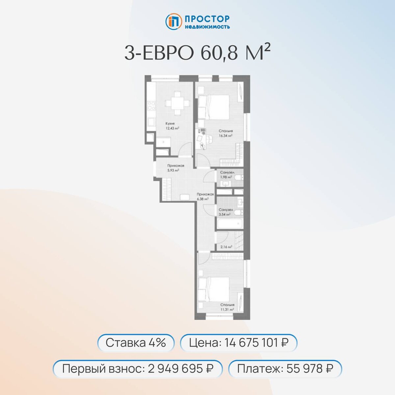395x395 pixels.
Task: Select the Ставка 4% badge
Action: (x=136, y=343)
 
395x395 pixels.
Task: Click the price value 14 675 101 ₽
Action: (x=256, y=343)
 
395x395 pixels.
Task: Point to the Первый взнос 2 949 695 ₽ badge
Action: (x=138, y=368)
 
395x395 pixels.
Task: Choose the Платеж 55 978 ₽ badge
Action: (x=285, y=368)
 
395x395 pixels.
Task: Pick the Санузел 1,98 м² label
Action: (x=227, y=174)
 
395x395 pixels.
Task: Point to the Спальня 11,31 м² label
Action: (x=227, y=307)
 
